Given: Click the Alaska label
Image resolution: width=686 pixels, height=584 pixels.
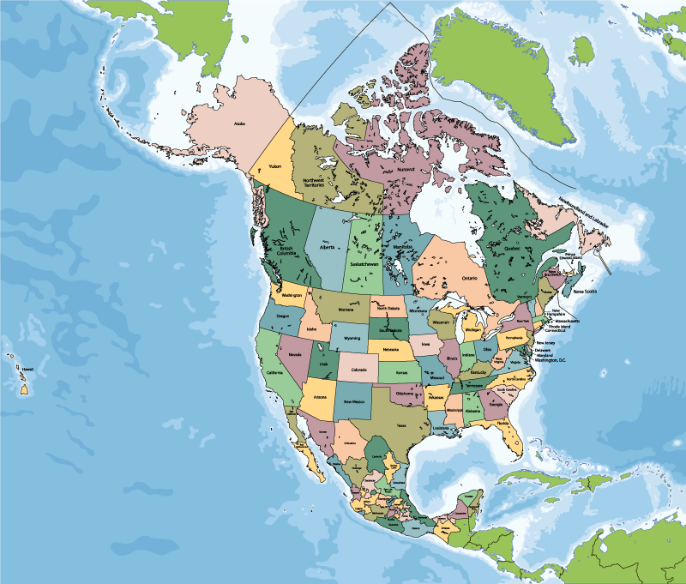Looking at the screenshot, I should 239,123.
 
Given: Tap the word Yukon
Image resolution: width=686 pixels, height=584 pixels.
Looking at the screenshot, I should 275,166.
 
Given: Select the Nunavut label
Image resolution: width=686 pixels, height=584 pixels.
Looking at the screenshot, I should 406,169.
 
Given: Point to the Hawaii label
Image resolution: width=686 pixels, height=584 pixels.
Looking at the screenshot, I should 27,369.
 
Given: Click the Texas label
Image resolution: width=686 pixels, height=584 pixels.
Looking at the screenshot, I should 400,425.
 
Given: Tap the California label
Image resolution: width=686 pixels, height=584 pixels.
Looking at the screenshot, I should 274,373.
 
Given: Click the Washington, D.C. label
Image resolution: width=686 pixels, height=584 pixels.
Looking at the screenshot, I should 551,361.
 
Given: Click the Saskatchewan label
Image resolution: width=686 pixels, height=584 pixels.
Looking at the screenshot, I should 364,265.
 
